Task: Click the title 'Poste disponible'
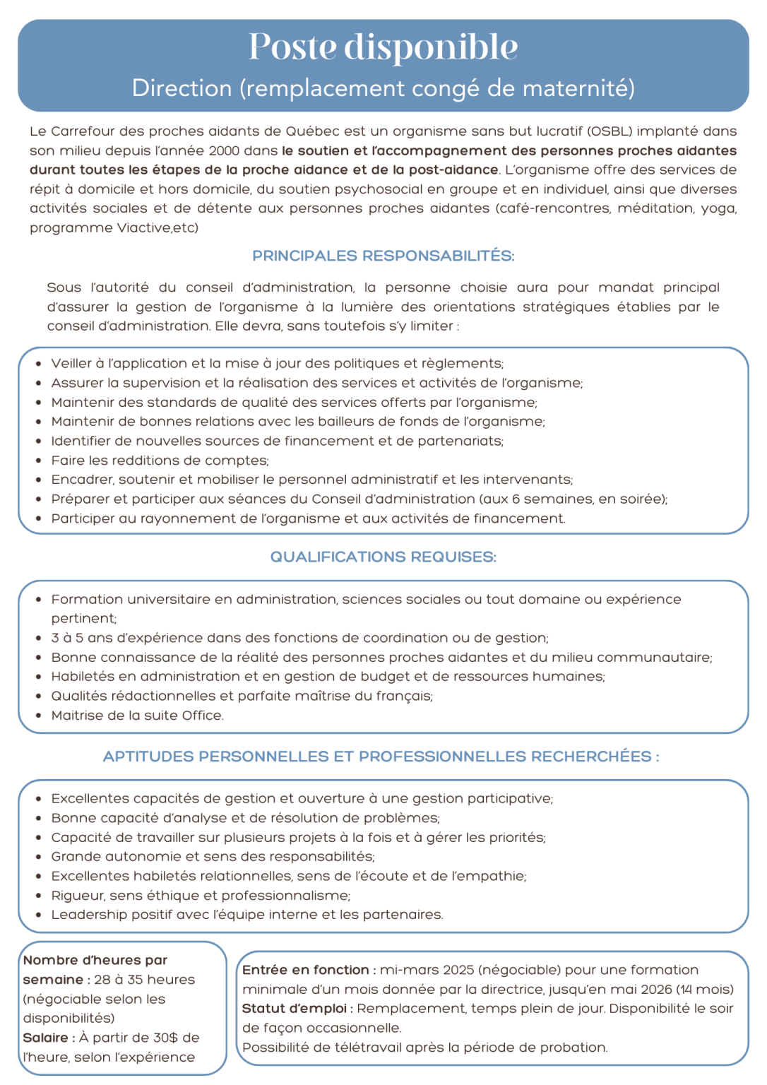(383, 47)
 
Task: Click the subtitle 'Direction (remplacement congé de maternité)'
(383, 88)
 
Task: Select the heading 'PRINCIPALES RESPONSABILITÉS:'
(383, 256)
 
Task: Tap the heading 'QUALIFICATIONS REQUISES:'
(383, 557)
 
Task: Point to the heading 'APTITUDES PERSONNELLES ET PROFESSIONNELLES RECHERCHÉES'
(377, 757)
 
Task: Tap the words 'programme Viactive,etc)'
(114, 227)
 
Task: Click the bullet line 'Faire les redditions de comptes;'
(160, 461)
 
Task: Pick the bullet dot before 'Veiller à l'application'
(39, 364)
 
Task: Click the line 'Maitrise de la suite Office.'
(137, 716)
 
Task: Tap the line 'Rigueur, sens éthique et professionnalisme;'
(201, 896)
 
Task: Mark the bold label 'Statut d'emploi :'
(297, 1009)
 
